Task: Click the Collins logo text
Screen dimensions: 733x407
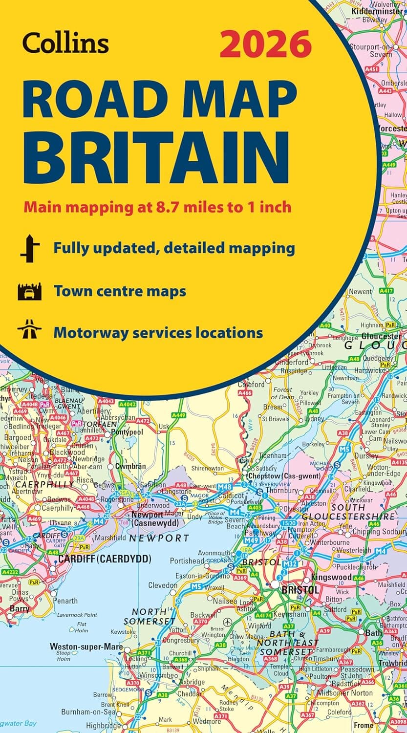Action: (65, 43)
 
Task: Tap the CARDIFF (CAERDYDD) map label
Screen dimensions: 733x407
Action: (105, 559)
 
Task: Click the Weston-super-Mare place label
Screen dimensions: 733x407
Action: (86, 647)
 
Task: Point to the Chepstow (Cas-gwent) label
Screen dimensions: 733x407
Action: (284, 475)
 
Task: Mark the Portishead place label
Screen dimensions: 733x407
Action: (187, 561)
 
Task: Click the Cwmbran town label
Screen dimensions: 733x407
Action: (130, 466)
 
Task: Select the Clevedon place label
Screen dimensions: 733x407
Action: (163, 585)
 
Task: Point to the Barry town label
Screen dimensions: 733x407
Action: (20, 609)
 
